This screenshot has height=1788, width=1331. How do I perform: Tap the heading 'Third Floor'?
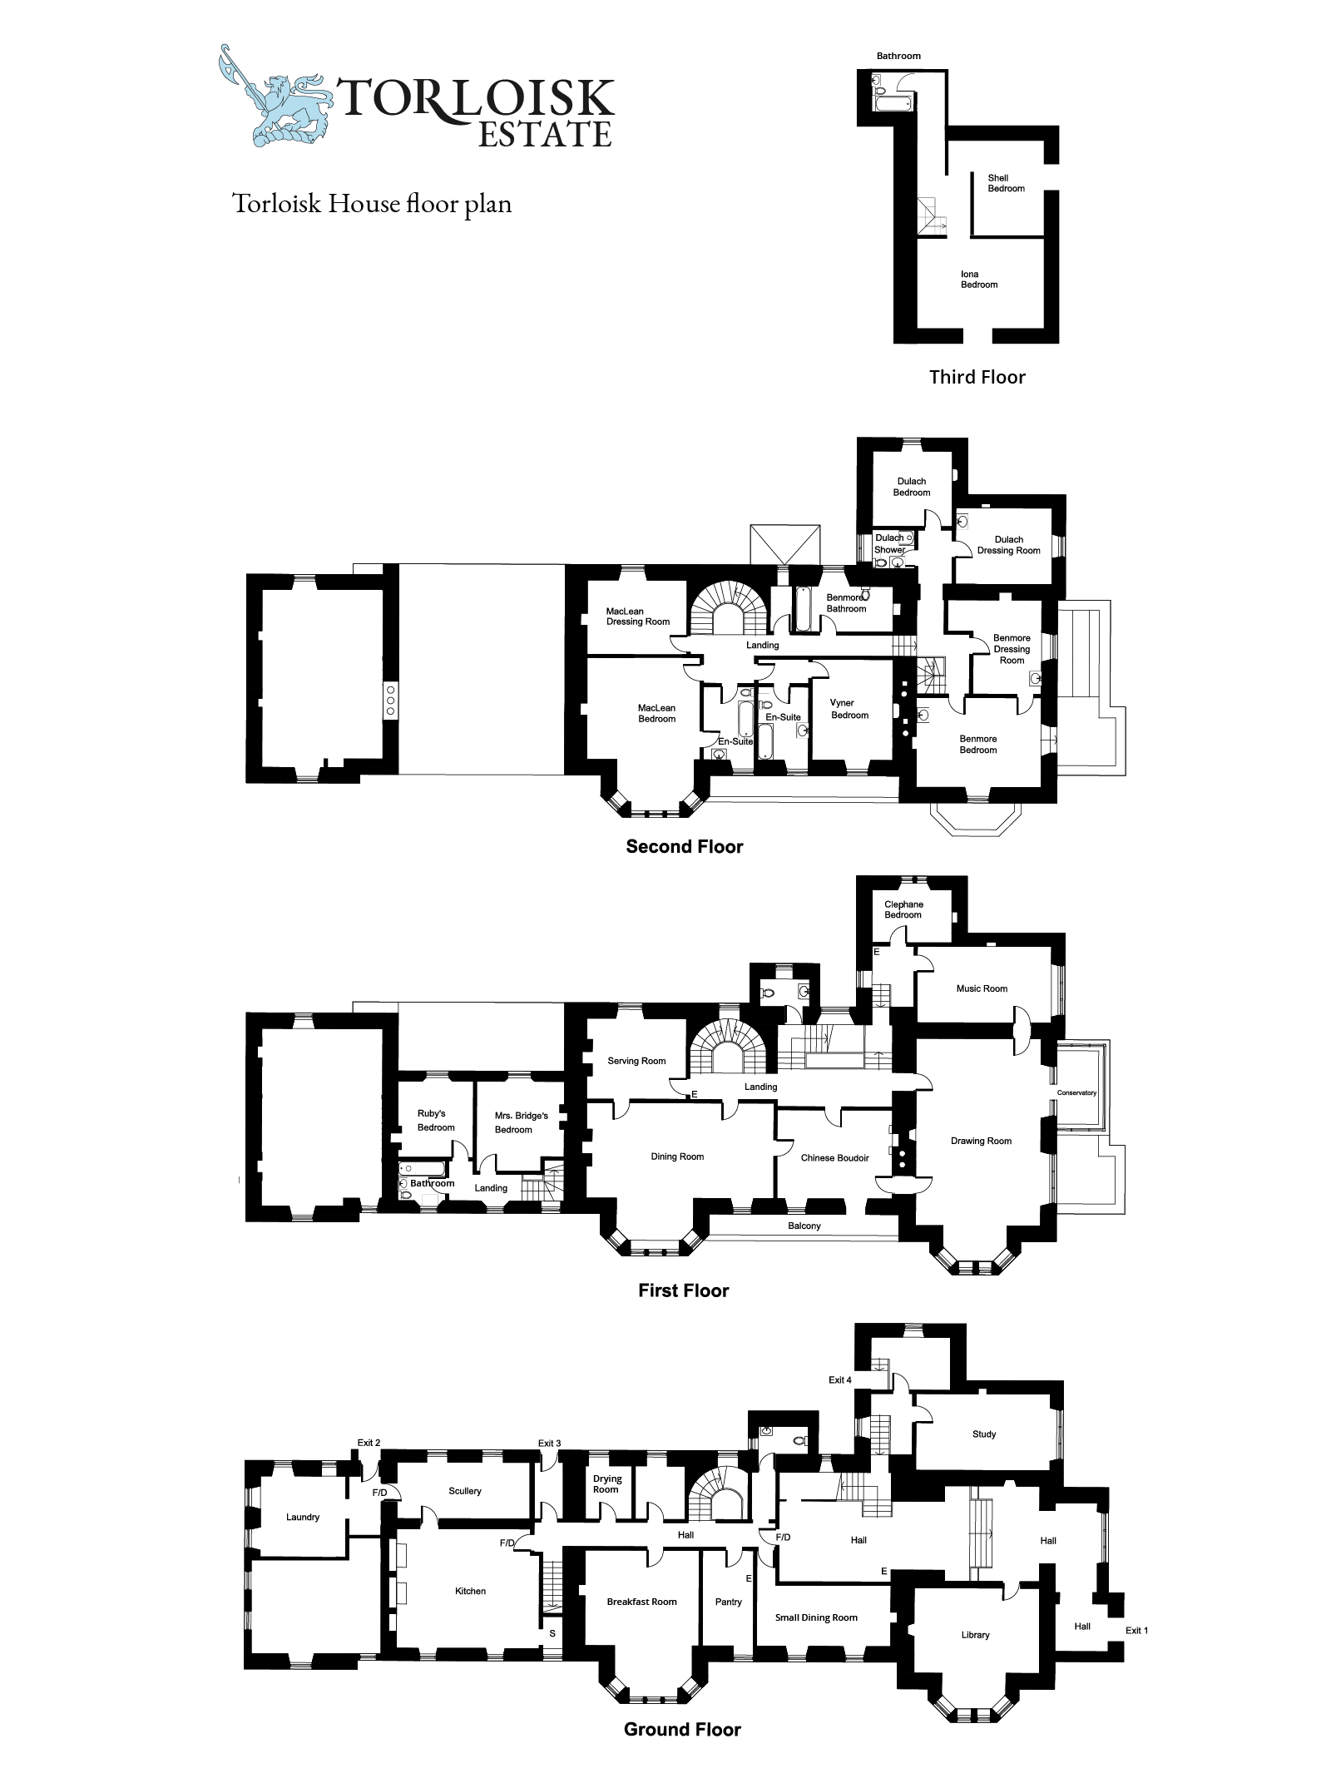977,377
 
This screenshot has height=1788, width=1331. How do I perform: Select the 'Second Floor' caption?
685,846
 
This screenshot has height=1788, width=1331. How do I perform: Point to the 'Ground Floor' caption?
682,1746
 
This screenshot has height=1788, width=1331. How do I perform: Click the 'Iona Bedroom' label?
979,280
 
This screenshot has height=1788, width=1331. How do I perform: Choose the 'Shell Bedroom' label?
1006,183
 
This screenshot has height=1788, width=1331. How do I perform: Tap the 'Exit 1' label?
1136,1630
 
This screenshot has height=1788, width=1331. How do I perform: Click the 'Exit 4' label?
840,1379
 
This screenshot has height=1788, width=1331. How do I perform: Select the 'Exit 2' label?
369,1442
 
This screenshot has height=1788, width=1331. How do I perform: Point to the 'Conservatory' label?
1077,1092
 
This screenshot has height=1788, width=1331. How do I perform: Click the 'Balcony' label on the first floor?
804,1226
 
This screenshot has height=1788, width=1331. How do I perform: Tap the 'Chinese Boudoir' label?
835,1157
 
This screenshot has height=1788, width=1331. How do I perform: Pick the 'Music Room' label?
982,988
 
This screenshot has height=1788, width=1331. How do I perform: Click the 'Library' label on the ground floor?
976,1635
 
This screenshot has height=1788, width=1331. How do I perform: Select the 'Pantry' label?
729,1602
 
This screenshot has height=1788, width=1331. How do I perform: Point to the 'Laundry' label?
303,1517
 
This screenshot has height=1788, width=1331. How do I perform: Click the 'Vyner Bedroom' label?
849,709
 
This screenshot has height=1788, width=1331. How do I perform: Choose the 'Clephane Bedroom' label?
903,909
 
